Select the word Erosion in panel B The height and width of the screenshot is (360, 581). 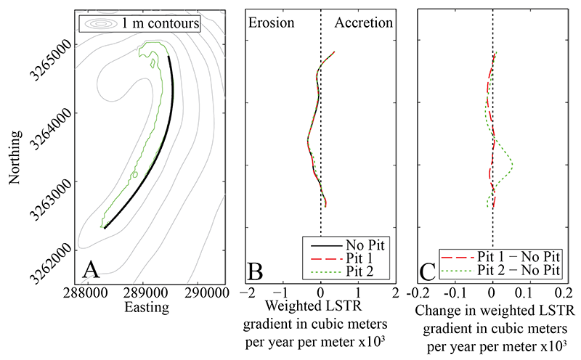[x=272, y=22]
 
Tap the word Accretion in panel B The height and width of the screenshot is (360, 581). [x=363, y=22]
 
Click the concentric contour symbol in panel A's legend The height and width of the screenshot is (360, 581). [x=100, y=24]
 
